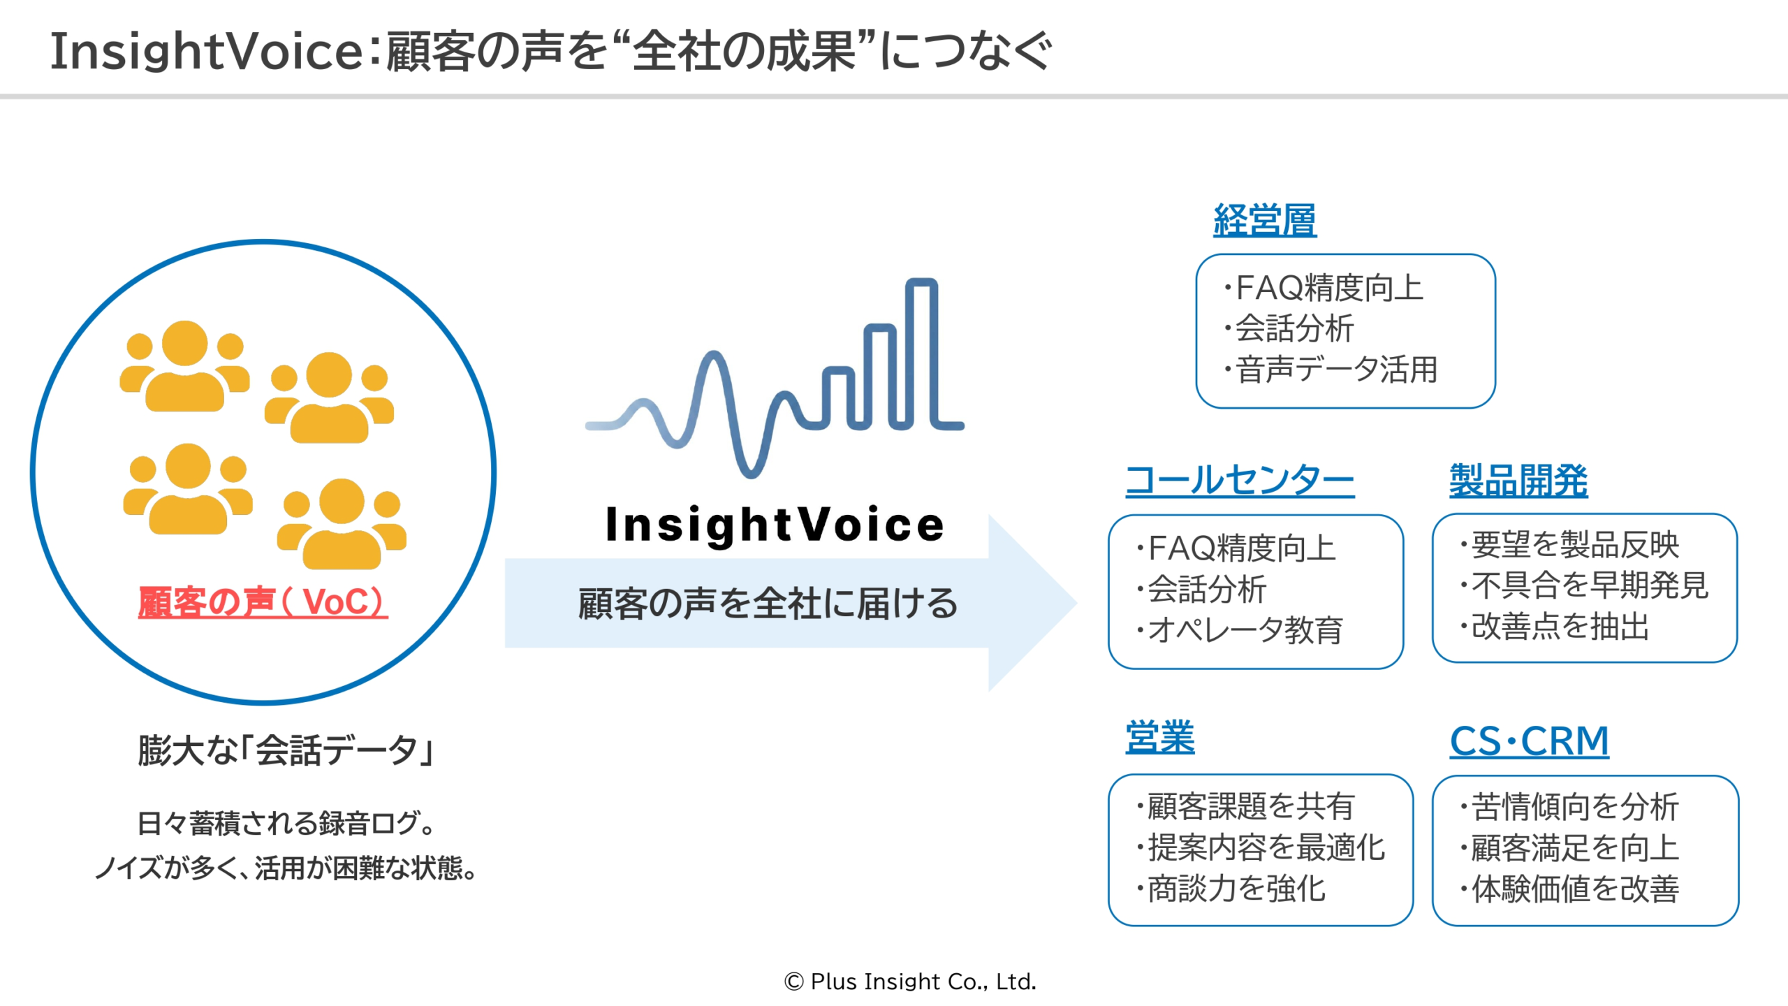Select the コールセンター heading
click(1240, 481)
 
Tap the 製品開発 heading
click(1518, 481)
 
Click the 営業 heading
click(1160, 737)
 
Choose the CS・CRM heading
click(1529, 741)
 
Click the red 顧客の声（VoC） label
click(263, 602)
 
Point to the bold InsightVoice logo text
click(775, 525)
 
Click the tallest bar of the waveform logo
click(921, 353)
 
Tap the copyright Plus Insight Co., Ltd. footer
click(910, 982)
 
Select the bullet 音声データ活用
click(1335, 370)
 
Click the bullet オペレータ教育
click(1243, 630)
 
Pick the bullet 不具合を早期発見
click(1588, 585)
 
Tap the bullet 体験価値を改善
click(1574, 889)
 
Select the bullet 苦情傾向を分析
click(1574, 807)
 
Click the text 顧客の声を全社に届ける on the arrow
click(768, 604)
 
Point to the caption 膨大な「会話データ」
click(287, 750)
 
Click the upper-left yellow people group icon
click(185, 367)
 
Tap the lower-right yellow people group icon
click(342, 524)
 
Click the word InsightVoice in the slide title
click(207, 52)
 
